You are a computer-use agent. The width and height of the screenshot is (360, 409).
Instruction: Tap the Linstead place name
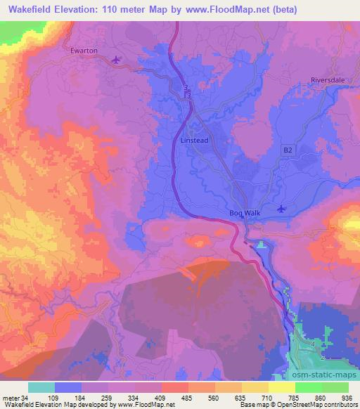tap(195, 141)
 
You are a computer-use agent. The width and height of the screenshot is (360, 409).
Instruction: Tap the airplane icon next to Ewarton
tap(117, 60)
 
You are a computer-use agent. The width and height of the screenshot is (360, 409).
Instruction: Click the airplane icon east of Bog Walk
tap(282, 208)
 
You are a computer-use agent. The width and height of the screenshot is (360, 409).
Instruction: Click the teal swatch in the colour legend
tap(41, 387)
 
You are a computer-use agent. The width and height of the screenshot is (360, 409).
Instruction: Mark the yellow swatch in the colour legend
tap(281, 387)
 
